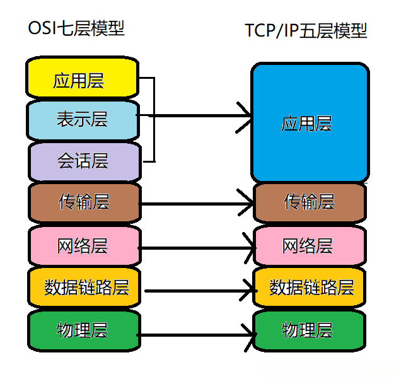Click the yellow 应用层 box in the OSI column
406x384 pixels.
click(82, 78)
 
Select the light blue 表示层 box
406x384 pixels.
click(83, 120)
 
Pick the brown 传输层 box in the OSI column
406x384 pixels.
click(84, 203)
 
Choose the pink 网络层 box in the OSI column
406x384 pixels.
click(84, 246)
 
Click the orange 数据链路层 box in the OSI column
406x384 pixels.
click(84, 288)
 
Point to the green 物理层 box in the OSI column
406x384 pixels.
click(84, 330)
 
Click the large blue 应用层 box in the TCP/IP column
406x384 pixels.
click(310, 123)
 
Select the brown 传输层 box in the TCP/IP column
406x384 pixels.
click(310, 203)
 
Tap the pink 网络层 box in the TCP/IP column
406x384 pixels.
click(310, 246)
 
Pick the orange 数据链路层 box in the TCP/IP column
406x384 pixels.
click(310, 288)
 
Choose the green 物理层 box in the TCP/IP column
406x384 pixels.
click(310, 330)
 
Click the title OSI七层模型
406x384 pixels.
click(76, 28)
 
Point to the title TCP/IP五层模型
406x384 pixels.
click(306, 31)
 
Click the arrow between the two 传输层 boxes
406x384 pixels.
click(195, 204)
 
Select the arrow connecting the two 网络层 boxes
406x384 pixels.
click(197, 248)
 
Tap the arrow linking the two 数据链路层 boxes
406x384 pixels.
click(201, 291)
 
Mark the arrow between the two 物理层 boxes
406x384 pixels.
click(196, 335)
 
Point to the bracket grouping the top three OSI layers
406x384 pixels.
click(154, 119)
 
